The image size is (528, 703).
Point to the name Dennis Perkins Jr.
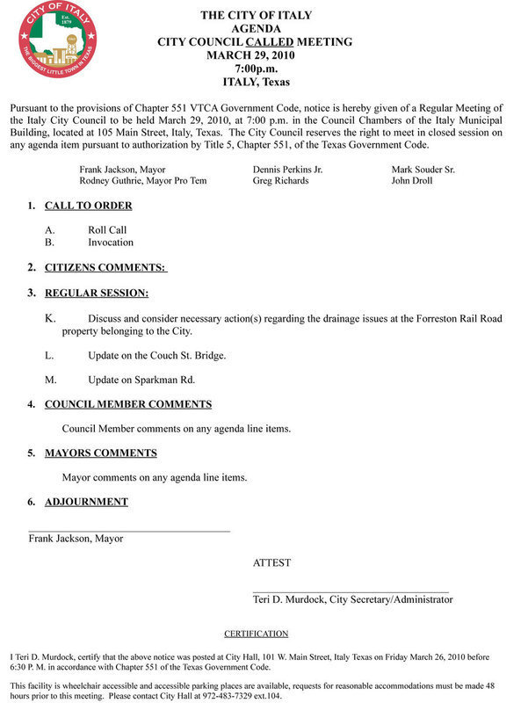coord(287,168)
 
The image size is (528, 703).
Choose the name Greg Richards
coord(280,180)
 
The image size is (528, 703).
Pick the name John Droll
coord(414,180)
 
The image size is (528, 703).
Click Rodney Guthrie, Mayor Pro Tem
coord(141,180)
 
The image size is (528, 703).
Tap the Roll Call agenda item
coord(107,230)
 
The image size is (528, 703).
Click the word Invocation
coord(111,243)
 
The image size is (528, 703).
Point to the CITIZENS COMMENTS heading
coord(105,267)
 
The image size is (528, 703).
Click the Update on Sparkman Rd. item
coord(141,380)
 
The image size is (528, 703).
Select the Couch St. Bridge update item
coord(157,355)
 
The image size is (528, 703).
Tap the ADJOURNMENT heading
coord(86,502)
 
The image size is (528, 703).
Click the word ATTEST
coord(271,562)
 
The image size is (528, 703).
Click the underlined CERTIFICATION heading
coord(256,633)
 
